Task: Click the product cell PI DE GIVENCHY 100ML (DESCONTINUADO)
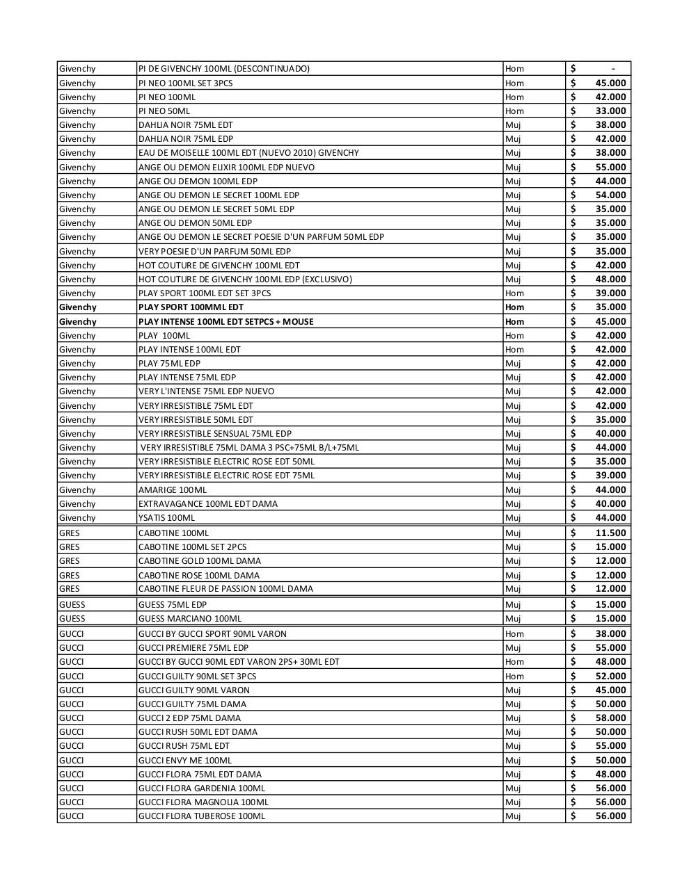pyautogui.click(x=224, y=69)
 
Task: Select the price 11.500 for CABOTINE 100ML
pyautogui.click(x=610, y=533)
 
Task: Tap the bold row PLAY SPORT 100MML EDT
pyautogui.click(x=191, y=307)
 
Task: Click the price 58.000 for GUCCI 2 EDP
pyautogui.click(x=610, y=718)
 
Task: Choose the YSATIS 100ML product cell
pyautogui.click(x=167, y=518)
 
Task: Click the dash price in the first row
pyautogui.click(x=612, y=69)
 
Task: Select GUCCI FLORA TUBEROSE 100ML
pyautogui.click(x=202, y=816)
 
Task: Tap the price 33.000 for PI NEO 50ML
pyautogui.click(x=610, y=111)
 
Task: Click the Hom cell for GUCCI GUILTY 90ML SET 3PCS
pyautogui.click(x=514, y=677)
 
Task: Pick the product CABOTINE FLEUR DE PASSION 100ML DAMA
pyautogui.click(x=225, y=589)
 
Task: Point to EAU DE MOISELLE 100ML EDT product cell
pyautogui.click(x=248, y=153)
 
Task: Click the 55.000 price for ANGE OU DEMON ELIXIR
pyautogui.click(x=610, y=168)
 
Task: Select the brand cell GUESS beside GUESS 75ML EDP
pyautogui.click(x=72, y=605)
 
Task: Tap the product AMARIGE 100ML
pyautogui.click(x=173, y=490)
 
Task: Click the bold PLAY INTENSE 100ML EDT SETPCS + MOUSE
pyautogui.click(x=225, y=322)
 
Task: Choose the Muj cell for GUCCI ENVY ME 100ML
pyautogui.click(x=513, y=761)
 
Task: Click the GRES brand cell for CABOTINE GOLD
pyautogui.click(x=70, y=561)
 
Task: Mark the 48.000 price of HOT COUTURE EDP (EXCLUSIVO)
pyautogui.click(x=610, y=280)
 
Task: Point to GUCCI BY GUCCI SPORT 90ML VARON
pyautogui.click(x=212, y=634)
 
